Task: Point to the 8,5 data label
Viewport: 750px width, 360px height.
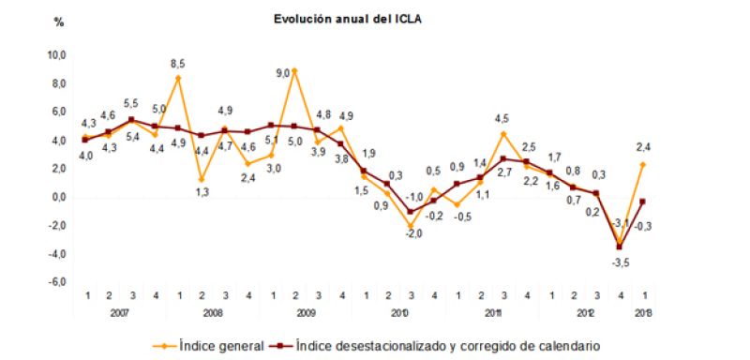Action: tap(178, 64)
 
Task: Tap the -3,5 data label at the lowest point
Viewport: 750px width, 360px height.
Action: tap(621, 263)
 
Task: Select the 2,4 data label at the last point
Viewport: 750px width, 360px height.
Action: tap(644, 144)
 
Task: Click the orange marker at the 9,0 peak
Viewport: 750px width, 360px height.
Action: tap(294, 71)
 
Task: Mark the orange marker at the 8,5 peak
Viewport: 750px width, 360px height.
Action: tap(178, 78)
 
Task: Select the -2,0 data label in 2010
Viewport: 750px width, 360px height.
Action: tap(410, 234)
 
